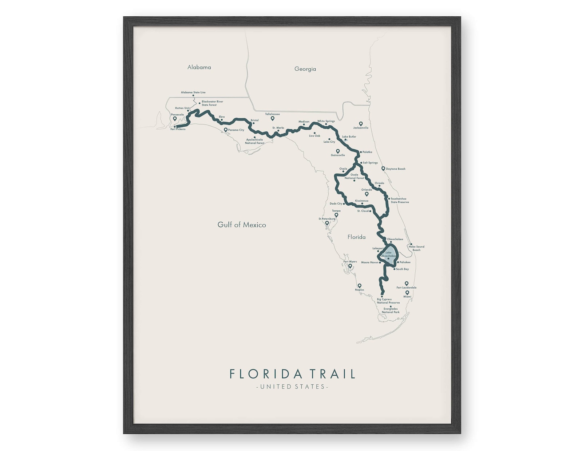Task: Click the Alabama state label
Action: click(x=199, y=67)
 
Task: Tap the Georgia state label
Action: click(x=305, y=69)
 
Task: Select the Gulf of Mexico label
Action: click(x=242, y=225)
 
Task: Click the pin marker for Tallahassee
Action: click(x=272, y=118)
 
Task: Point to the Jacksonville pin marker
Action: click(x=361, y=124)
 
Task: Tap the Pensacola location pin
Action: click(x=175, y=119)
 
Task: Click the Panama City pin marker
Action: click(x=226, y=130)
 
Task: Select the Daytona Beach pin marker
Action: click(x=383, y=169)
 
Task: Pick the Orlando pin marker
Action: click(x=367, y=194)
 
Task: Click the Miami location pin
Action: click(x=407, y=293)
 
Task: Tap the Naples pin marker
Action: click(x=359, y=286)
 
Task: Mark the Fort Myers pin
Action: click(x=350, y=266)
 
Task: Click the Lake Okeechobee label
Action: click(x=388, y=254)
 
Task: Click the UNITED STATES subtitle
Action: click(x=292, y=387)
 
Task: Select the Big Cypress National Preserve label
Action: click(x=388, y=301)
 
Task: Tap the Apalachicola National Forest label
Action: click(x=254, y=141)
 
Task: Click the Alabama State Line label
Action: click(x=193, y=92)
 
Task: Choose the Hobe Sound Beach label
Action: click(x=416, y=248)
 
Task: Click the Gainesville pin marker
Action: click(x=338, y=151)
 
